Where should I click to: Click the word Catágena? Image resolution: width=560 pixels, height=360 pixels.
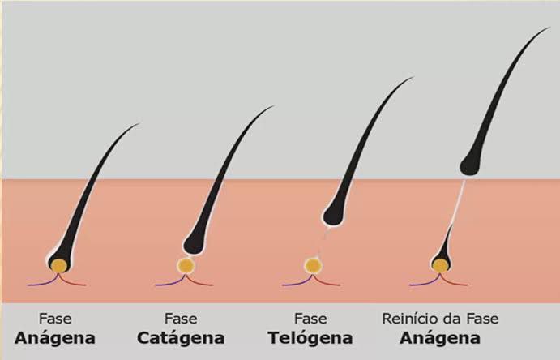tap(181, 339)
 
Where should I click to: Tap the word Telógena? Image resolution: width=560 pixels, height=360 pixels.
tap(310, 339)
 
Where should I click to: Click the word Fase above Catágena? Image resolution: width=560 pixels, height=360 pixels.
tap(181, 319)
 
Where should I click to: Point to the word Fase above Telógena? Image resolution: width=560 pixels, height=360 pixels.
tap(310, 319)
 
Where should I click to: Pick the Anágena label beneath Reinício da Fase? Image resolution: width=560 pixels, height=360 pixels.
tap(440, 339)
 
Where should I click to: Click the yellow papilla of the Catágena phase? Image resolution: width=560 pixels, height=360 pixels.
tap(186, 266)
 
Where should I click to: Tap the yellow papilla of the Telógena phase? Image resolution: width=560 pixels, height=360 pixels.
tap(313, 266)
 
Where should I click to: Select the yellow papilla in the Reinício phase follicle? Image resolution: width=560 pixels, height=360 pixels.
tap(440, 265)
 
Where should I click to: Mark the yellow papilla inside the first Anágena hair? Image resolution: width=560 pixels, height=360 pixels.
tap(59, 266)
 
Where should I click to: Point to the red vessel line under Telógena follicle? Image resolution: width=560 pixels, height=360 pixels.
tap(326, 282)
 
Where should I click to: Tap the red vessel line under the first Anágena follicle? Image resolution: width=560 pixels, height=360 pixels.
tap(72, 282)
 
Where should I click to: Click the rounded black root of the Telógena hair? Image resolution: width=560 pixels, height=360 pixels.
tap(334, 215)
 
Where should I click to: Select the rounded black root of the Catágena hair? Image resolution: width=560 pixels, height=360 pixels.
tap(194, 243)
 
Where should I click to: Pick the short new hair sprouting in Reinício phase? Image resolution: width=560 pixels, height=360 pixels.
tap(444, 250)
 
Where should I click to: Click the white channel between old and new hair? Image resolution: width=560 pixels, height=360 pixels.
tap(459, 201)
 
